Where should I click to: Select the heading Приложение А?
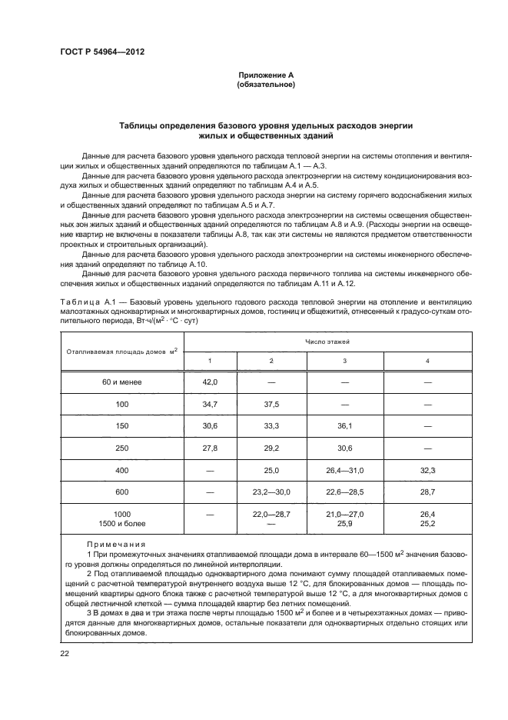click(x=266, y=75)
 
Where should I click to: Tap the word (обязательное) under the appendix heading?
click(x=266, y=85)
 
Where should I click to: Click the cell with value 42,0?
click(x=211, y=382)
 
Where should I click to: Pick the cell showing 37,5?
click(x=271, y=403)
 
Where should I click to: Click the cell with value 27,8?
click(x=211, y=447)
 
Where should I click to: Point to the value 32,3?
click(x=428, y=468)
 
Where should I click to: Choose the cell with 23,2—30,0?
click(x=271, y=490)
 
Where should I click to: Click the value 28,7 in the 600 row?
click(x=428, y=490)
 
